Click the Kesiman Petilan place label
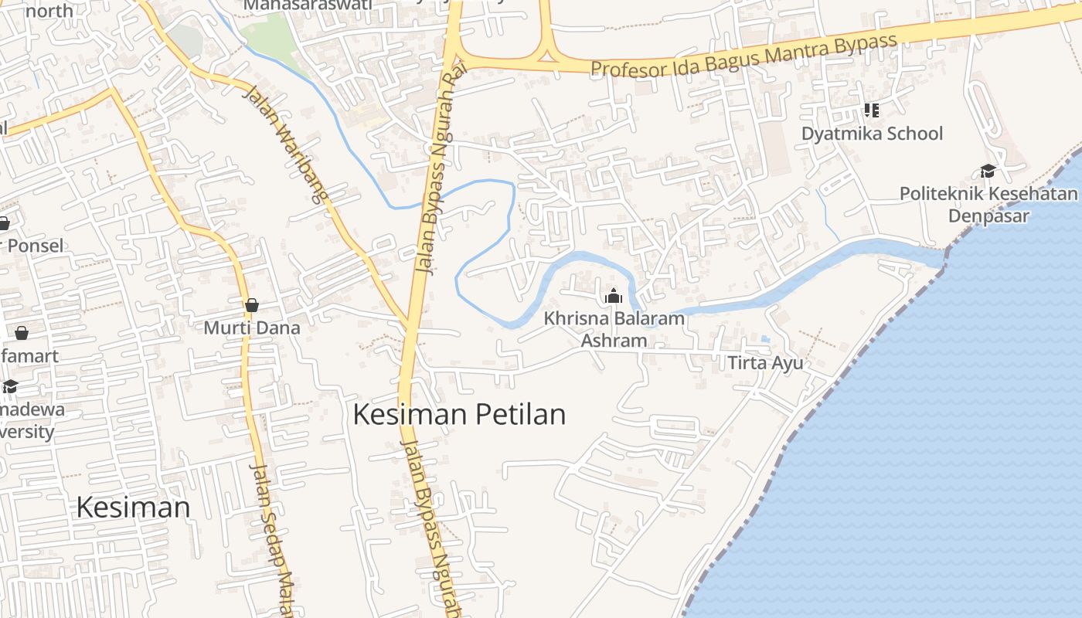point(459,415)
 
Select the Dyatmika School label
point(872,134)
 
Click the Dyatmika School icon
point(872,110)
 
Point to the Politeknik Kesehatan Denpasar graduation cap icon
point(988,171)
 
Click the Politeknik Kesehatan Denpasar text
point(988,204)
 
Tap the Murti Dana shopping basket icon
point(251,305)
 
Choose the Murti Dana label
point(251,328)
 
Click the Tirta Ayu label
point(765,362)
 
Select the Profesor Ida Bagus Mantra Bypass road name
point(743,56)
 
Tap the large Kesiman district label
point(133,508)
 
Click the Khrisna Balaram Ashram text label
point(614,329)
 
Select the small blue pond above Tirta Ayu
point(765,339)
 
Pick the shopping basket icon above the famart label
point(22,333)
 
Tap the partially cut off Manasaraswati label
point(307,5)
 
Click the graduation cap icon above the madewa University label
point(10,386)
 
